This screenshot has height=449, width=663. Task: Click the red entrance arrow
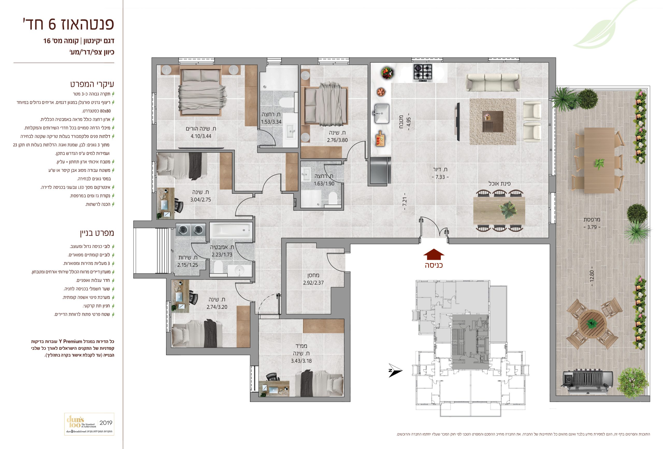pos(434,254)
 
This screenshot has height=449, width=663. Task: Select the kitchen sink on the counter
pos(382,113)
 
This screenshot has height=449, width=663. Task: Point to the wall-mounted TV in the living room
pos(458,122)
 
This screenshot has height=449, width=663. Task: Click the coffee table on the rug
pos(493,121)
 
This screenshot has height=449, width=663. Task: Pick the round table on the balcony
pos(592,324)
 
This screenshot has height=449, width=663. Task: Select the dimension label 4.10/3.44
pos(201,136)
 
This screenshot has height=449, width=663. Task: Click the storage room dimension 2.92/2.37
pos(313,283)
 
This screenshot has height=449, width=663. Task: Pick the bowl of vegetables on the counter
pos(387,73)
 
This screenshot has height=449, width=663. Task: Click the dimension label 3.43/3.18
pos(301,361)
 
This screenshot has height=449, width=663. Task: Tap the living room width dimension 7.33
pos(440,177)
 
